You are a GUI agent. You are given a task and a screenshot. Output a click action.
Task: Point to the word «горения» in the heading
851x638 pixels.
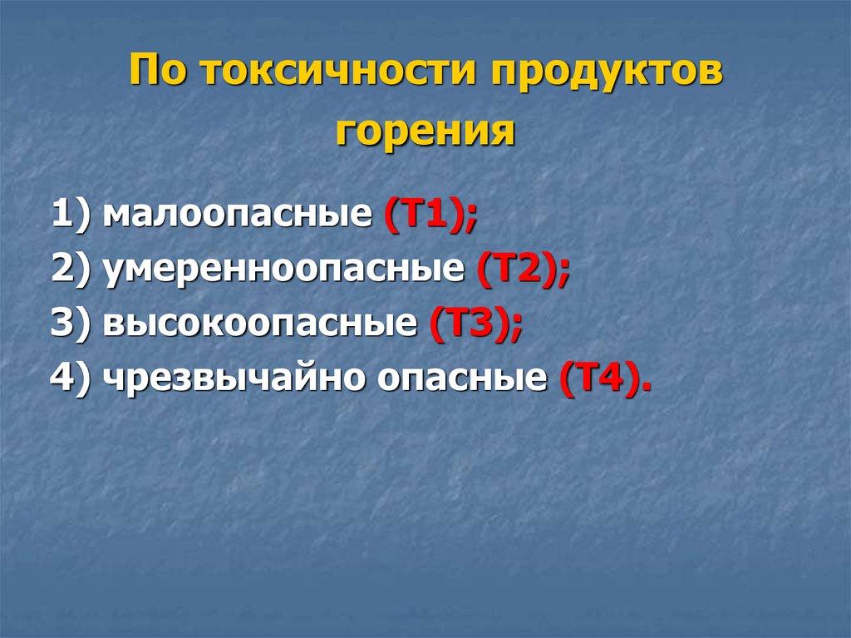(x=425, y=132)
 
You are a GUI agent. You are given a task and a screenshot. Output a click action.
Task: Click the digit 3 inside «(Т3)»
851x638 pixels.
(x=485, y=324)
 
